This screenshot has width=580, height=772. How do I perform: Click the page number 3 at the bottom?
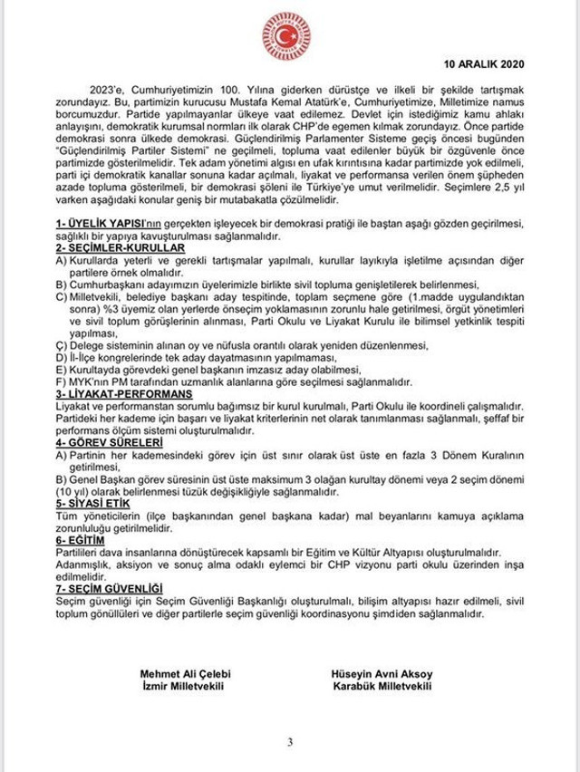point(290,743)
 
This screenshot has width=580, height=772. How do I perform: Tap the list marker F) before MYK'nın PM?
point(62,382)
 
